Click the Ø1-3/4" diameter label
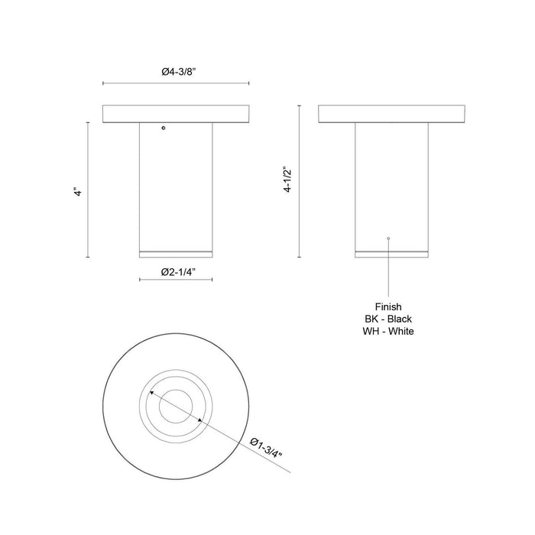coord(267,448)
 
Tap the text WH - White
coord(389,331)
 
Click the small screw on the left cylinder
coord(163,128)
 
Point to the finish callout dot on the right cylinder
coord(389,239)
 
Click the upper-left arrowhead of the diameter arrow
coord(151,392)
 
